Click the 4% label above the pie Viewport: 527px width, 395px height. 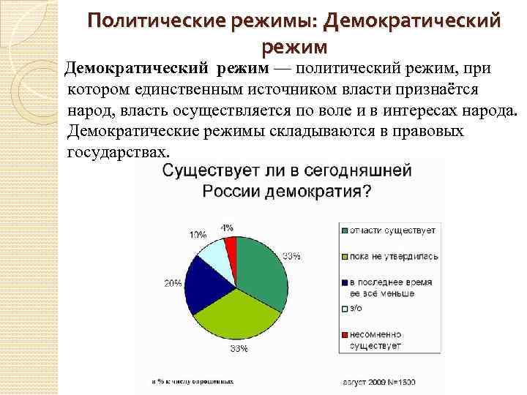coord(228,227)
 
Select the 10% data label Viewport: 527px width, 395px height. coord(198,235)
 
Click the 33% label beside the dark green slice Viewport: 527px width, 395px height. coord(291,255)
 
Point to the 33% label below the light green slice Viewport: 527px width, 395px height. coord(239,349)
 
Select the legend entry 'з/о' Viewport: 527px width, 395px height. coord(357,309)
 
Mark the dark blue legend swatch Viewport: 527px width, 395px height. coord(344,282)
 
